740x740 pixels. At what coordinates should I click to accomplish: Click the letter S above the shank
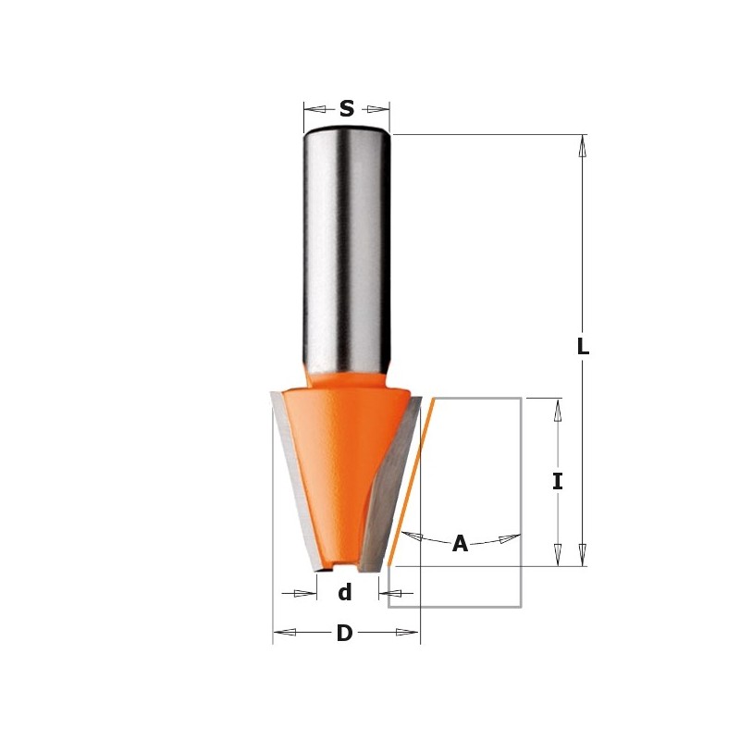click(x=347, y=109)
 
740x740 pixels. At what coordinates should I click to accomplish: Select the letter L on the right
click(x=583, y=348)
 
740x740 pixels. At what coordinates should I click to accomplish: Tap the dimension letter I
click(x=557, y=482)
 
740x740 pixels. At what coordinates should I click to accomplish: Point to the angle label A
click(x=460, y=545)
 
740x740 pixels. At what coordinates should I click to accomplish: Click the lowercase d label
click(x=344, y=593)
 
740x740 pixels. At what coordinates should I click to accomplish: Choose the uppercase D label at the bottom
click(x=344, y=634)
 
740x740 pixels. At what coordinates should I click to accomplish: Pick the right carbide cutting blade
click(x=393, y=481)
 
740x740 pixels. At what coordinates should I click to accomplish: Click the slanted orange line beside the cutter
click(x=412, y=481)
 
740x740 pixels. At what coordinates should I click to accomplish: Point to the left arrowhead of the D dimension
click(x=284, y=633)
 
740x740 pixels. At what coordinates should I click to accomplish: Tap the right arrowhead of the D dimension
click(x=408, y=633)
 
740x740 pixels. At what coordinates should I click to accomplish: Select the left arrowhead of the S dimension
click(x=315, y=109)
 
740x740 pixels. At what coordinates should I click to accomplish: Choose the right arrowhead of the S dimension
click(x=377, y=109)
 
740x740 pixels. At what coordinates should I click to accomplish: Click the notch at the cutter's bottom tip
click(x=344, y=563)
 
